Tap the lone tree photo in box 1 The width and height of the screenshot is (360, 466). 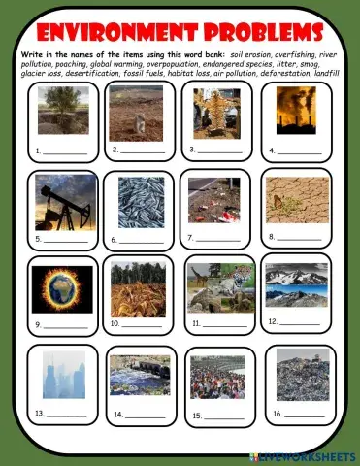(62, 110)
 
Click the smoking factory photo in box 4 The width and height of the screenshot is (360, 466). (295, 109)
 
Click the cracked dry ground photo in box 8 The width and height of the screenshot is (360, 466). (295, 199)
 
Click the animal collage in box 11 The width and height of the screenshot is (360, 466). (220, 287)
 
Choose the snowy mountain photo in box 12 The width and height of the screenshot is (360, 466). (296, 284)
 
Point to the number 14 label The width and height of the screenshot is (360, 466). (118, 414)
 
